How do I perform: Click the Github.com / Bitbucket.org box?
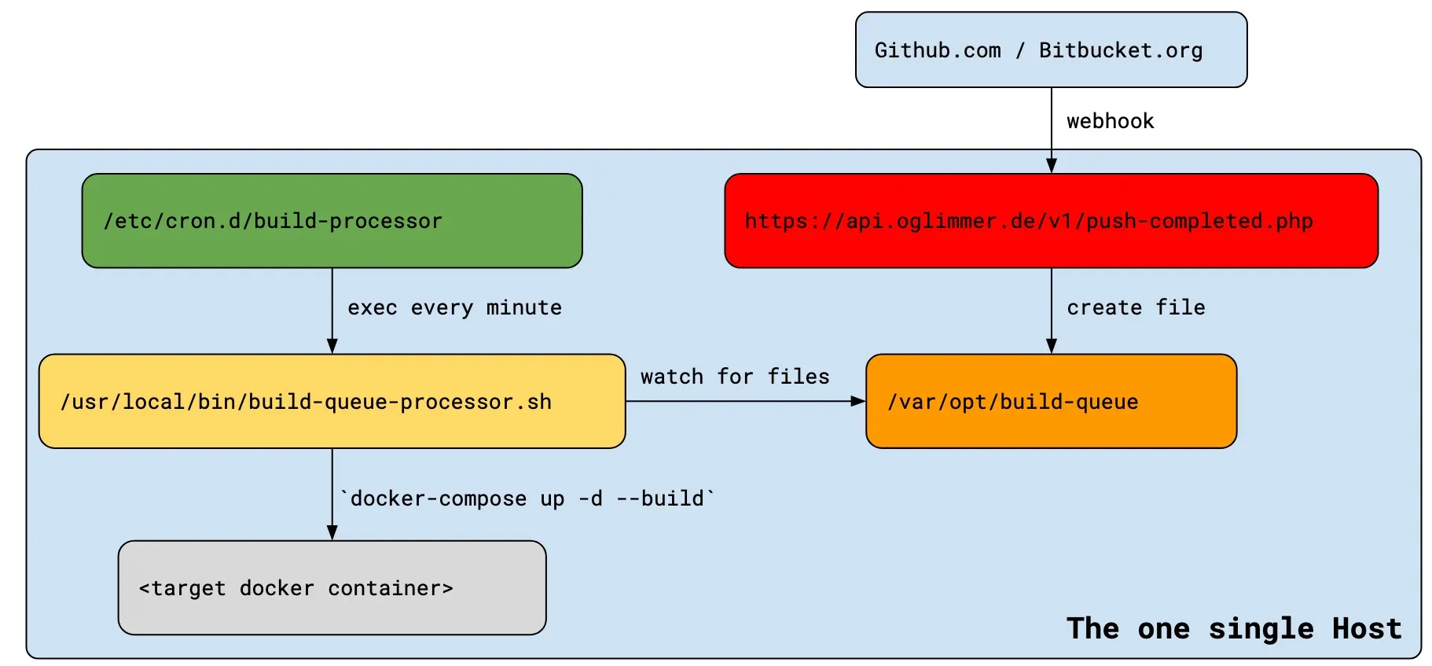1051,50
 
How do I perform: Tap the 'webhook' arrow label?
1110,121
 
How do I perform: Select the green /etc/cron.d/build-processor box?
332,221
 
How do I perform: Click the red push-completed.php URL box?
1051,221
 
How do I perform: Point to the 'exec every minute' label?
454,307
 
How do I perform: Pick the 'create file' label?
1136,307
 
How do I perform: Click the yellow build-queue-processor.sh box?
332,401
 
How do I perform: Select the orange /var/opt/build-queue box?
1051,401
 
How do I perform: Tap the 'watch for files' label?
735,377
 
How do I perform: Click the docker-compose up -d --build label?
527,499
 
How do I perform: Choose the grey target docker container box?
332,587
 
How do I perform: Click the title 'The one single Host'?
1234,628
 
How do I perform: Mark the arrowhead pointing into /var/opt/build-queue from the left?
858,401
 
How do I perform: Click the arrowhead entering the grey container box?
332,532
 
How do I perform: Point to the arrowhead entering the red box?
1051,165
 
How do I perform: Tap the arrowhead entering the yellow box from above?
332,346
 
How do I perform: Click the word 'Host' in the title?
1367,628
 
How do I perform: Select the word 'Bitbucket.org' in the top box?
1121,50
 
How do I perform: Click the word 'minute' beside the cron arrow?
523,307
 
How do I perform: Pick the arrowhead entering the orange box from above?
1051,346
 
